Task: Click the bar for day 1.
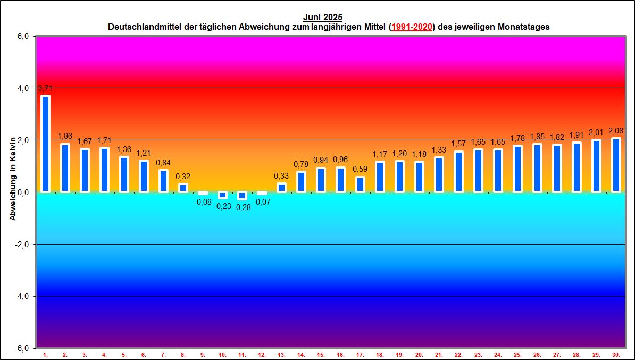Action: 45,144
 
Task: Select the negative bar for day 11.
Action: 242,196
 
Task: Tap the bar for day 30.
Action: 616,165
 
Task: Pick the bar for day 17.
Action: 360,184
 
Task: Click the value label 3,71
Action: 45,88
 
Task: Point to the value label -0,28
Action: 242,206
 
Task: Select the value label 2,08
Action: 616,131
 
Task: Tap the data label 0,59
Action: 360,170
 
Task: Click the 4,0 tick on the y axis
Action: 24,88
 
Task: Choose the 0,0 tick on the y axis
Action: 24,192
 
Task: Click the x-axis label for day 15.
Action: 321,354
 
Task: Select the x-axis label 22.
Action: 458,354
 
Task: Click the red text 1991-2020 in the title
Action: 412,27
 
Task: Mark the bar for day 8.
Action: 183,188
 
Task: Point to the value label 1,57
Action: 458,144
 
